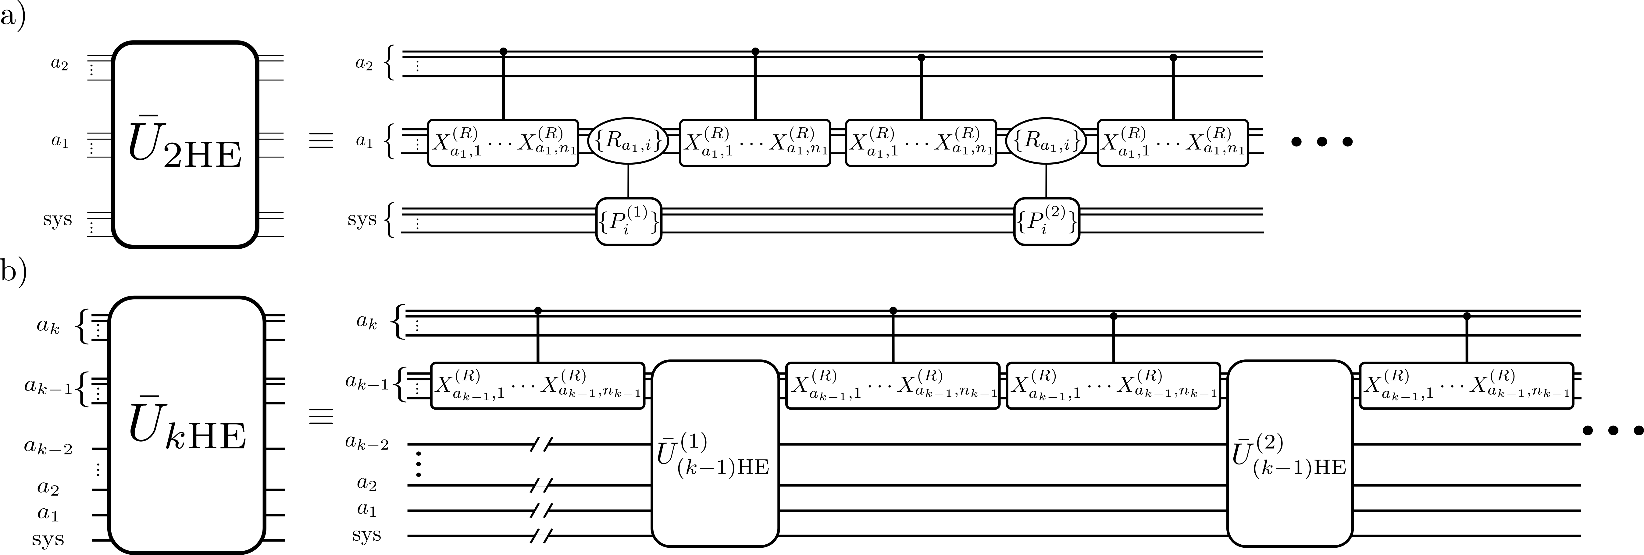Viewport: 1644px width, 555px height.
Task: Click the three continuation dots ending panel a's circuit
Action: (x=1321, y=142)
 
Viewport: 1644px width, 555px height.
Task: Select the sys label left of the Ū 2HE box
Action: (x=57, y=219)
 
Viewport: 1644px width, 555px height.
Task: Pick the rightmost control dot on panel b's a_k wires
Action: (x=1467, y=316)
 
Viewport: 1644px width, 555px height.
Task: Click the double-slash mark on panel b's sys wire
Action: (x=541, y=535)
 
